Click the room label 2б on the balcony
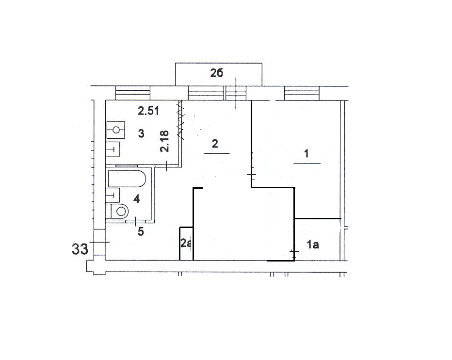click(x=216, y=73)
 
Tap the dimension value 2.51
click(x=148, y=111)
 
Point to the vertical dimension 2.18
click(x=164, y=141)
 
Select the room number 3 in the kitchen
click(x=141, y=133)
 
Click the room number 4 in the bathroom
click(x=136, y=198)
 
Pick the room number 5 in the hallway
click(x=141, y=231)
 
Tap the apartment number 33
click(x=80, y=249)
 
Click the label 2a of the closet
click(x=186, y=243)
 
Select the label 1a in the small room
click(x=313, y=245)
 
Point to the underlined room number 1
click(x=307, y=153)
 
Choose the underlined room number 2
click(x=215, y=144)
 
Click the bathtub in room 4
click(x=127, y=179)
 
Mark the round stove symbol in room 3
click(x=116, y=130)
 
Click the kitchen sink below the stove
click(x=113, y=149)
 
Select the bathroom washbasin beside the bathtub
click(x=113, y=196)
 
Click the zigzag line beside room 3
click(x=181, y=120)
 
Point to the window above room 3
click(x=133, y=93)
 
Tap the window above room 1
click(x=302, y=93)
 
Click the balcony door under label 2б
click(x=236, y=93)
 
